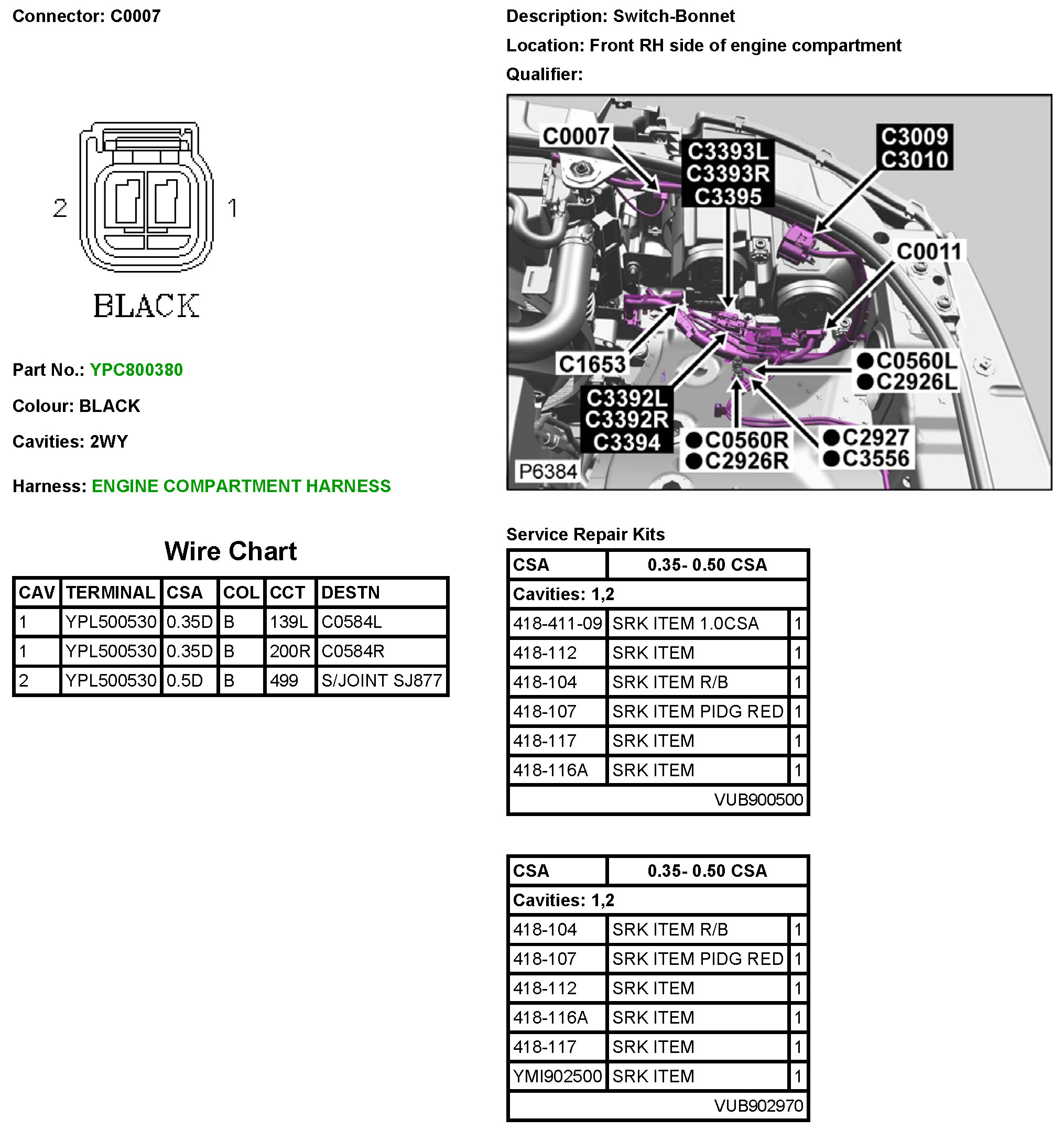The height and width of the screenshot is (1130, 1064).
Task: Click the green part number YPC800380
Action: [136, 370]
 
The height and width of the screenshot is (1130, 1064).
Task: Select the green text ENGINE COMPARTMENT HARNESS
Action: [241, 486]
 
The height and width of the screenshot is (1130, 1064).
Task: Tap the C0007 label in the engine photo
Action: [576, 136]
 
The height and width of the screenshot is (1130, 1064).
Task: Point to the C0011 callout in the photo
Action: [929, 251]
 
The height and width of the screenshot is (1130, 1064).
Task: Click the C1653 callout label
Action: [592, 364]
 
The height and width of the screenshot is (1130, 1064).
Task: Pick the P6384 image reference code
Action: [548, 472]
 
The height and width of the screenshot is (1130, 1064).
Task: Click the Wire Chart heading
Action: [230, 551]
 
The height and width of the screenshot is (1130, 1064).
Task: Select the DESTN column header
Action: [350, 593]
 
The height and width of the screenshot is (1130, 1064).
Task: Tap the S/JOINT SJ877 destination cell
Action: [382, 681]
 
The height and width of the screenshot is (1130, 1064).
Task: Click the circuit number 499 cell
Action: [284, 681]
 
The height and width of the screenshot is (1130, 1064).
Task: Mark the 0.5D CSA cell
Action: [184, 681]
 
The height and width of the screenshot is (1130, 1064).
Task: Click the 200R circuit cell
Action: [290, 651]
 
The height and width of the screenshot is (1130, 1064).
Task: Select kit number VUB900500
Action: [758, 800]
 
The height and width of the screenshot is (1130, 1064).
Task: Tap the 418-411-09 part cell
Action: [557, 624]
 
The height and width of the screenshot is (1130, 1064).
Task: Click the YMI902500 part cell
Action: [557, 1077]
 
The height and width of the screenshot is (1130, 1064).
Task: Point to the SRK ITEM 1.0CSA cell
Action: [685, 624]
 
